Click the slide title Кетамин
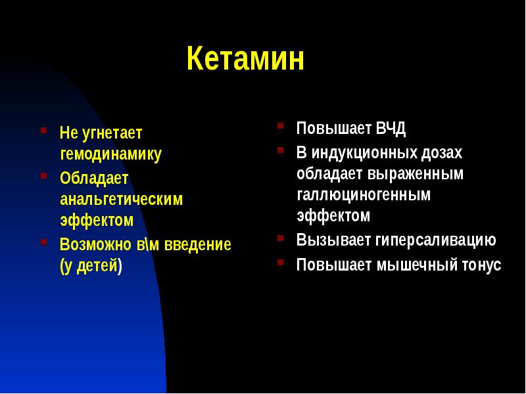[x=245, y=60]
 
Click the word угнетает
[x=111, y=133]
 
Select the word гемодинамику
[x=110, y=154]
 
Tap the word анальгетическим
[x=121, y=198]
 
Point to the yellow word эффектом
[x=97, y=220]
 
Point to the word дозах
[x=442, y=153]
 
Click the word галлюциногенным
[x=363, y=195]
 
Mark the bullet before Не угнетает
[x=43, y=130]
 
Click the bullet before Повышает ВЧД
[x=280, y=125]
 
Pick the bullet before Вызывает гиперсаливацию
[x=280, y=237]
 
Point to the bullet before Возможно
[x=43, y=242]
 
